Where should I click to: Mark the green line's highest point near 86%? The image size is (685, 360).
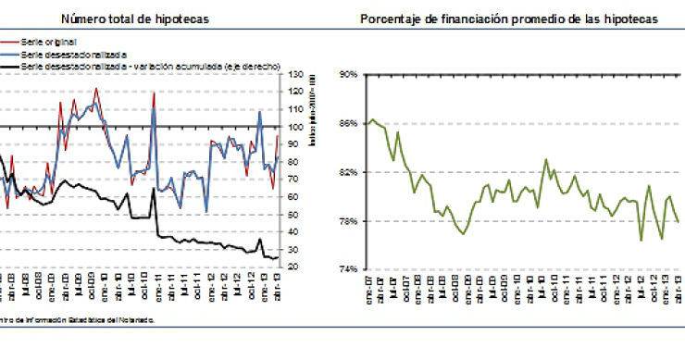[372, 119]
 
